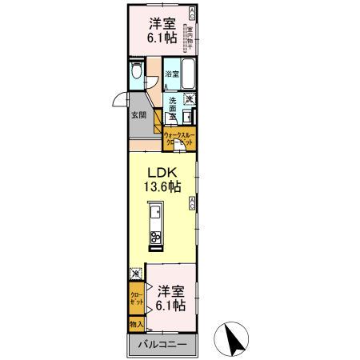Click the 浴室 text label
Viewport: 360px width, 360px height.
[171, 74]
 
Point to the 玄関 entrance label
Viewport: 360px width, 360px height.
[138, 115]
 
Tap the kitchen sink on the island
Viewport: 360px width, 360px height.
[157, 214]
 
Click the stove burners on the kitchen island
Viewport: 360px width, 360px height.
[157, 237]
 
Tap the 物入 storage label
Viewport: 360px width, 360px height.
[136, 324]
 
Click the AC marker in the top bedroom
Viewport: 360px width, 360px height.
[191, 14]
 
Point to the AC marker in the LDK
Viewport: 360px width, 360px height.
[193, 204]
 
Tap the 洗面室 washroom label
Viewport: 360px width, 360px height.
[171, 109]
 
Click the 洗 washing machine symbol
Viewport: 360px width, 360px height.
[190, 99]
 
